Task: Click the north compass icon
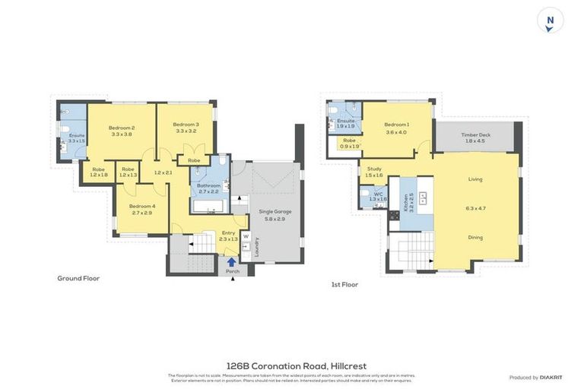[550, 21]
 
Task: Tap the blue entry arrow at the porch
[231, 262]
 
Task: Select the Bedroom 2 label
[122, 128]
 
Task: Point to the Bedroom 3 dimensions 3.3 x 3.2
[186, 131]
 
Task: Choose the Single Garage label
[275, 211]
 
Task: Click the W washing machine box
[246, 236]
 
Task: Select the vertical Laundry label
[257, 247]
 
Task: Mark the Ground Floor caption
[78, 278]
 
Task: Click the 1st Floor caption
[344, 284]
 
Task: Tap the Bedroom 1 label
[396, 125]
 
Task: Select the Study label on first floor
[374, 169]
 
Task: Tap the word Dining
[475, 237]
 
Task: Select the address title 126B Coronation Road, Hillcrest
[297, 366]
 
